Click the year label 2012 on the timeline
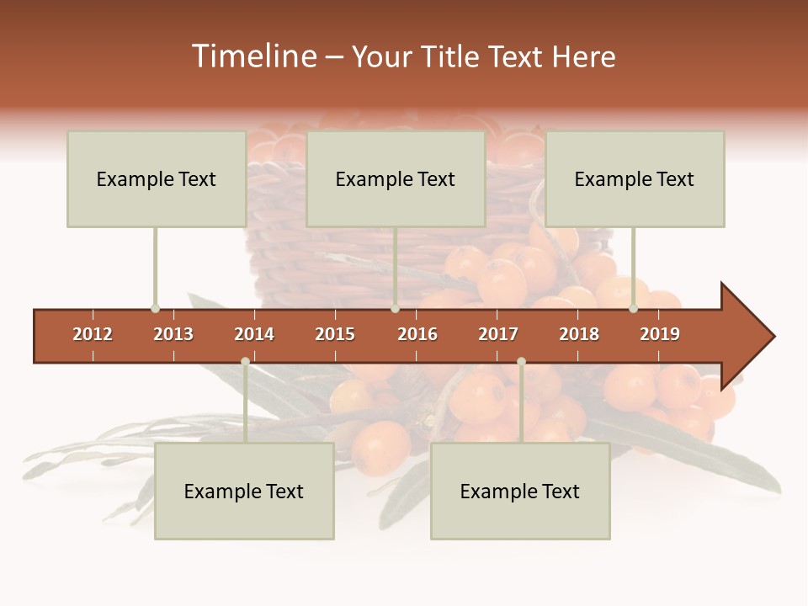point(93,334)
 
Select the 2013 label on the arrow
point(173,334)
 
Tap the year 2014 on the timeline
point(254,334)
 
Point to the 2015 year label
point(335,334)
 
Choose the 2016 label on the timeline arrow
point(417,334)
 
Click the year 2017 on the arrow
point(498,334)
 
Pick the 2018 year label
point(579,334)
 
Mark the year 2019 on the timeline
point(660,334)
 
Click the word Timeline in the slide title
point(252,56)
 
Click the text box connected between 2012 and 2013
point(157,178)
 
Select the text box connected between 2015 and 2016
point(396,178)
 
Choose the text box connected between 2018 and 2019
point(635,178)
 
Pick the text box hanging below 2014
point(244,491)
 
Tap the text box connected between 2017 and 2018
point(520,491)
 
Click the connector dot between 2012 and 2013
point(155,309)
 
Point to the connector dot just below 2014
point(245,362)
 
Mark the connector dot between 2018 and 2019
point(633,309)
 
